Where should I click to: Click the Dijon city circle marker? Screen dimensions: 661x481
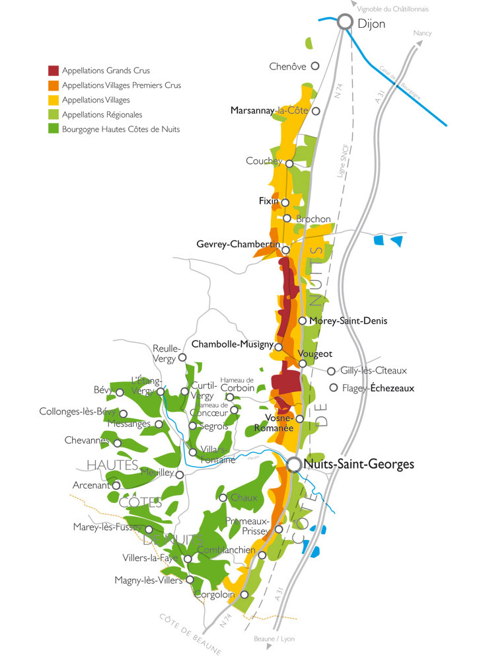click(x=344, y=22)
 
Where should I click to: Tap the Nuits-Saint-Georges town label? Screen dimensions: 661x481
click(x=359, y=465)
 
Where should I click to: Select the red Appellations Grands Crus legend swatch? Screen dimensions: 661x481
click(x=54, y=70)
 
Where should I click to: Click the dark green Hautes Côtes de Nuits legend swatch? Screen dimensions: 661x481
click(x=54, y=130)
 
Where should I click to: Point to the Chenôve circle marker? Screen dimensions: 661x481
click(x=315, y=65)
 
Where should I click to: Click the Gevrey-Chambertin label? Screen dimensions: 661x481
click(x=239, y=245)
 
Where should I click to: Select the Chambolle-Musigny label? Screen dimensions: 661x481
click(x=232, y=344)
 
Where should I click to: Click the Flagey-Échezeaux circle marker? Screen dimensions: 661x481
click(x=334, y=387)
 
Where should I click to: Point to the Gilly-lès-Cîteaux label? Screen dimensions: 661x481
click(x=374, y=371)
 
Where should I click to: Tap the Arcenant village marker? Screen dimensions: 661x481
click(x=116, y=485)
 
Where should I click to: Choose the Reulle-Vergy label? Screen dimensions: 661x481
click(x=165, y=353)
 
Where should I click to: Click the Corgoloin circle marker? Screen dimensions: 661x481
click(x=244, y=594)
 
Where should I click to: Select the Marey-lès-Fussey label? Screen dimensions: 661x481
click(x=108, y=527)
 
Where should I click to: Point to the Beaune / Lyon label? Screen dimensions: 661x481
click(x=274, y=639)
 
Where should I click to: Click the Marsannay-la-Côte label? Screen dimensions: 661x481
click(x=270, y=111)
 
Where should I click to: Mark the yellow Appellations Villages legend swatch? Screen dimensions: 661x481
click(x=54, y=100)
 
